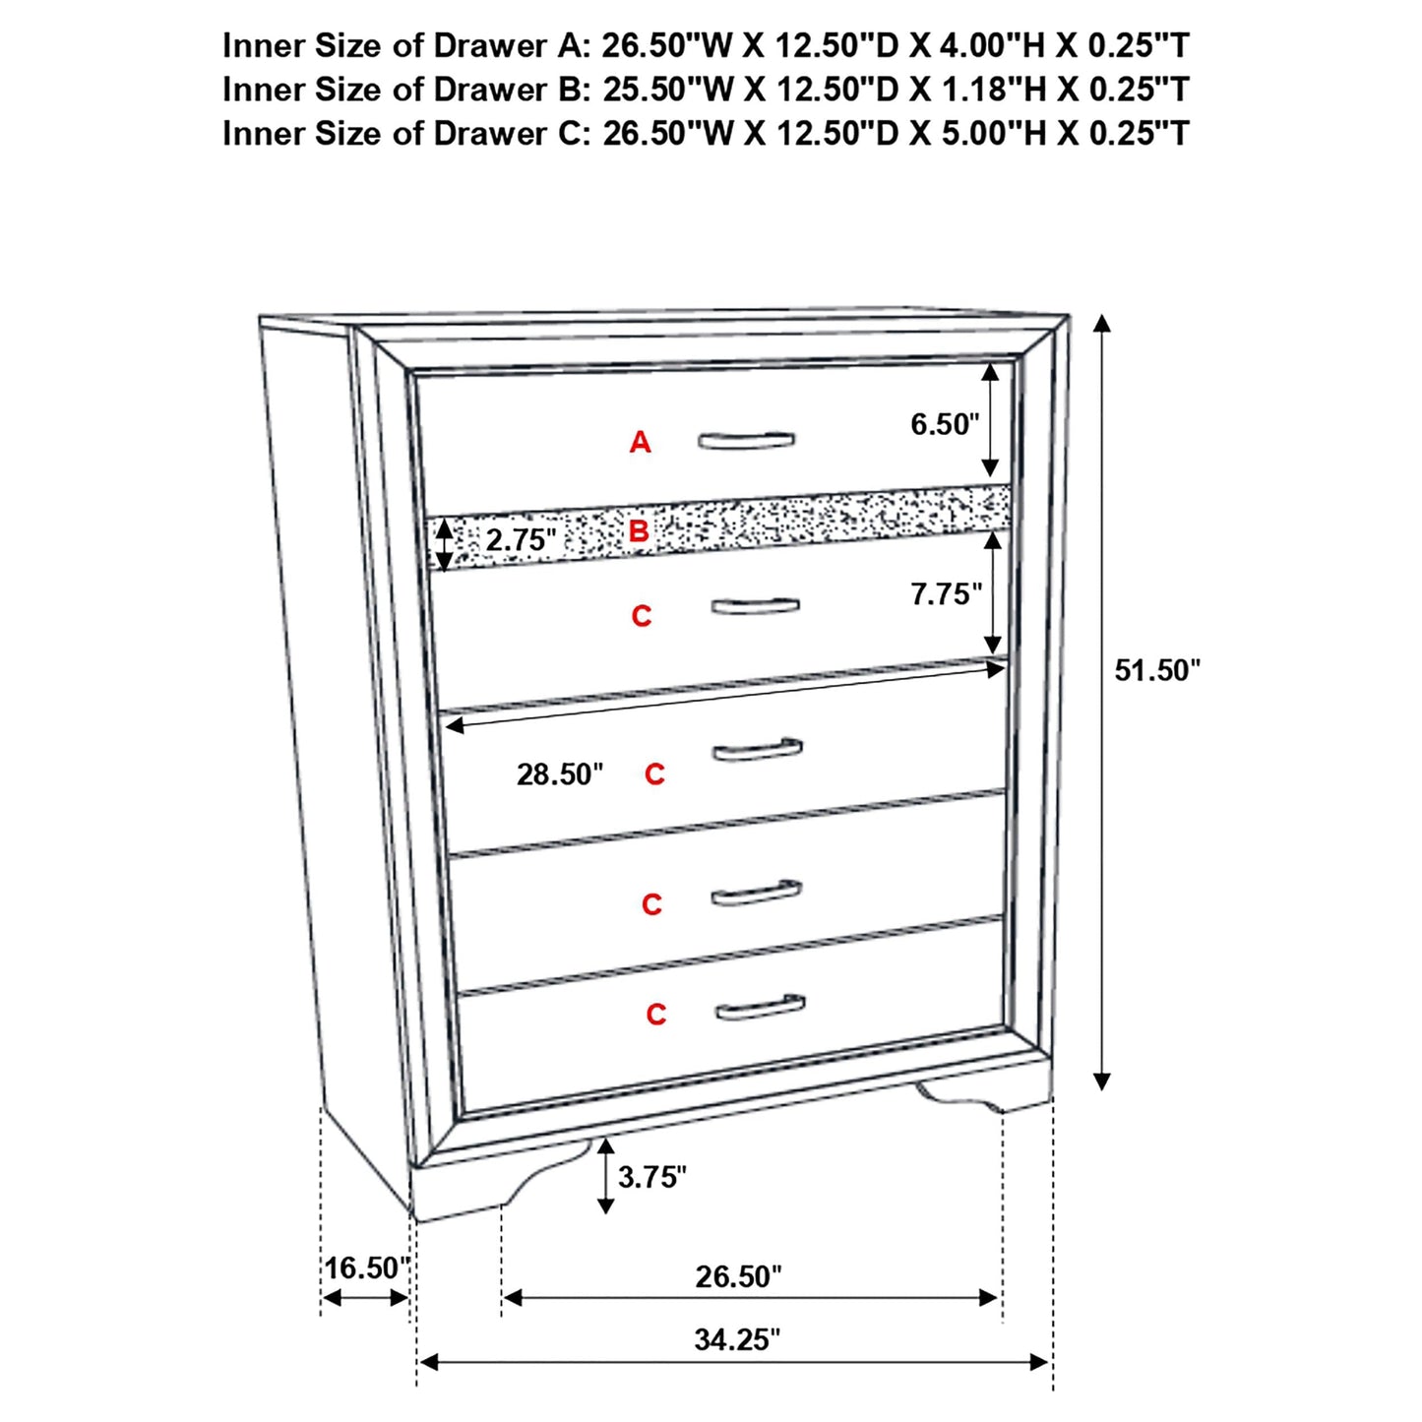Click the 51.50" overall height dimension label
[x=1156, y=671]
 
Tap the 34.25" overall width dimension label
[x=736, y=1339]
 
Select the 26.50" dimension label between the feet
[x=738, y=1276]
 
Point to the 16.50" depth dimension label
[x=366, y=1267]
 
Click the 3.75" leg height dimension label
[x=651, y=1177]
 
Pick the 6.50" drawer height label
[x=945, y=424]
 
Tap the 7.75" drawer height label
[x=946, y=594]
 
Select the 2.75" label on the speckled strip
[x=521, y=540]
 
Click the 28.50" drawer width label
[x=560, y=774]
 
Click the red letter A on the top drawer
[x=641, y=443]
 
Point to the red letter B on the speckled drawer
[x=639, y=532]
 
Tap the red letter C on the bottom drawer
[x=656, y=1015]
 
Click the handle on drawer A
[x=746, y=440]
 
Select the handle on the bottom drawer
[x=760, y=1007]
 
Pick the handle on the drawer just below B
[x=755, y=605]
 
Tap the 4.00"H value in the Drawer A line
[x=994, y=45]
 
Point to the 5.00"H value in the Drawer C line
[x=994, y=133]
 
